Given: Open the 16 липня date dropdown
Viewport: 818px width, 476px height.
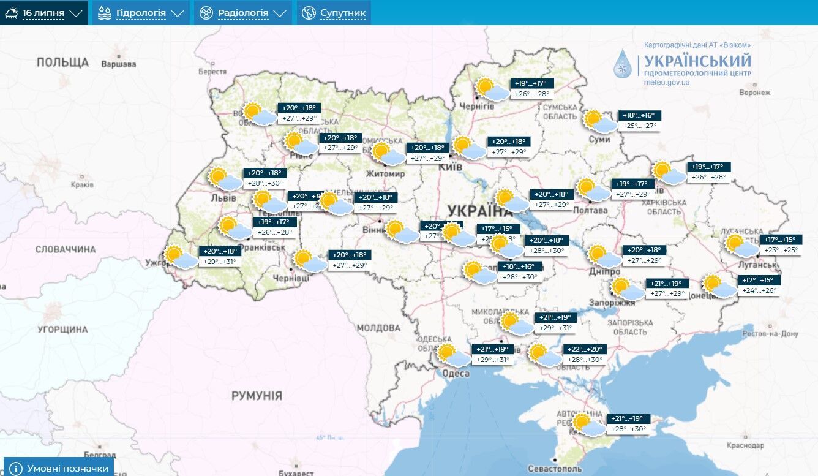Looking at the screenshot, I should pos(43,13).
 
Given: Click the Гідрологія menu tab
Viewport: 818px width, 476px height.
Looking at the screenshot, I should pos(141,13).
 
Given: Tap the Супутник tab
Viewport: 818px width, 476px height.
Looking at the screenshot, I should pos(334,13).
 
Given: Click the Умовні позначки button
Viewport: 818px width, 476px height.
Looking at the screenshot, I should pos(59,469).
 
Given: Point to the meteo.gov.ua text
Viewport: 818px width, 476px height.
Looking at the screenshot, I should pos(667,82).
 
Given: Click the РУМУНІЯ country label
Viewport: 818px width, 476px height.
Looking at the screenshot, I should pos(257,396).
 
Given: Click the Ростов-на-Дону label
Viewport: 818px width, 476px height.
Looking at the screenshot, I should pos(771,334).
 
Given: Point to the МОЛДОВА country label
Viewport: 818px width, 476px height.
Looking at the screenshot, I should pos(378,328).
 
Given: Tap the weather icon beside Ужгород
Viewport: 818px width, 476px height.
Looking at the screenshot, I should pos(180,257).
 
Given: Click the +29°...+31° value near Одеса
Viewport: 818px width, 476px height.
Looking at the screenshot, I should pos(493,360).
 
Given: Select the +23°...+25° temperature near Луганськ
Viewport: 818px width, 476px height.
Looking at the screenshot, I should pos(781,250).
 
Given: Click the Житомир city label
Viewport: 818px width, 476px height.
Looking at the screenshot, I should pos(385,174).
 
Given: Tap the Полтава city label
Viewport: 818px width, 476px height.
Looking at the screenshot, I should pos(590,210).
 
